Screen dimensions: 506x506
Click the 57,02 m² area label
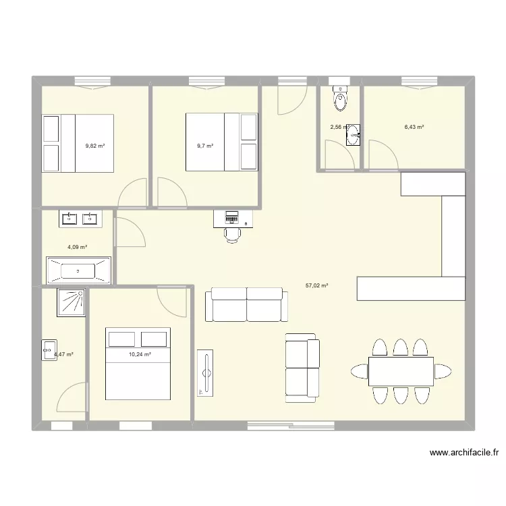pyautogui.click(x=316, y=286)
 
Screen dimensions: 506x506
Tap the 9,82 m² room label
pyautogui.click(x=94, y=145)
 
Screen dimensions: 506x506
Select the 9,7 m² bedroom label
pyautogui.click(x=205, y=145)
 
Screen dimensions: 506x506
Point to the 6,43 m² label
pyautogui.click(x=414, y=127)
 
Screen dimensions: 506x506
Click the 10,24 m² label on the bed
pyautogui.click(x=140, y=354)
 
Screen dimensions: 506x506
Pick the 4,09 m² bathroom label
pyautogui.click(x=76, y=248)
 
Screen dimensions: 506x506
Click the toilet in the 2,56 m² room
pyautogui.click(x=341, y=100)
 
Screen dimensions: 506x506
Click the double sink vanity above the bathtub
pyautogui.click(x=78, y=219)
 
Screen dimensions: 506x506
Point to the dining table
pyautogui.click(x=401, y=371)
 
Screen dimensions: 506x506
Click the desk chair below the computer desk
pyautogui.click(x=233, y=233)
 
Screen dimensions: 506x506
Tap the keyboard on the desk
pyautogui.click(x=233, y=217)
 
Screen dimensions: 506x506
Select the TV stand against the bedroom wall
pyautogui.click(x=205, y=372)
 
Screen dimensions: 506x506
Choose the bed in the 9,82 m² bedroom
pyautogui.click(x=78, y=143)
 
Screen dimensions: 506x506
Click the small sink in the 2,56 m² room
pyautogui.click(x=354, y=135)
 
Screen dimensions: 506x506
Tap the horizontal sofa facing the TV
pyautogui.click(x=246, y=304)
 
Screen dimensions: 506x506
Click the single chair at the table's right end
pyautogui.click(x=443, y=371)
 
